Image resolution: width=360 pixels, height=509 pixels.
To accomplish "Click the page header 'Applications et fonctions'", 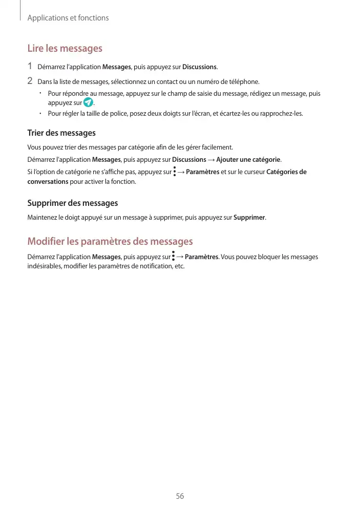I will pyautogui.click(x=68, y=18).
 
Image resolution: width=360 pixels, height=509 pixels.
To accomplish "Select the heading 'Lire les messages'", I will pyautogui.click(x=65, y=49).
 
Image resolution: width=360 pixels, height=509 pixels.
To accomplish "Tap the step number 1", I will pyautogui.click(x=30, y=66).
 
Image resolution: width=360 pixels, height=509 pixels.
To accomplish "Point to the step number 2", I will pyautogui.click(x=30, y=81).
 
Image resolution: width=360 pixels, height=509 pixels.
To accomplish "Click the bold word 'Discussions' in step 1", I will pyautogui.click(x=200, y=67).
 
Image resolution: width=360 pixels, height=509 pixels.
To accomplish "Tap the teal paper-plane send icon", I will pyautogui.click(x=88, y=102).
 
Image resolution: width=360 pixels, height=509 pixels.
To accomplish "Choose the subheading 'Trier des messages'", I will pyautogui.click(x=61, y=133).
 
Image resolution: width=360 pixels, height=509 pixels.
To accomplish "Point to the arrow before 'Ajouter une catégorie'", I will pyautogui.click(x=211, y=159).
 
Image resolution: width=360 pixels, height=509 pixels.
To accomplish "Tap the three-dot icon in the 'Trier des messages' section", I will pyautogui.click(x=175, y=172).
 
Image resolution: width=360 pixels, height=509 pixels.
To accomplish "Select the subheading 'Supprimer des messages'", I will pyautogui.click(x=72, y=203).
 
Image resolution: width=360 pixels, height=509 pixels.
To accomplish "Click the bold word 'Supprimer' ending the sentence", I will pyautogui.click(x=249, y=218).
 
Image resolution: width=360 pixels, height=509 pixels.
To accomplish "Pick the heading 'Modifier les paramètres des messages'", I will pyautogui.click(x=110, y=241).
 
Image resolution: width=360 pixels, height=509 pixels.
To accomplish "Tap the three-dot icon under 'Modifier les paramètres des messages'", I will pyautogui.click(x=174, y=257).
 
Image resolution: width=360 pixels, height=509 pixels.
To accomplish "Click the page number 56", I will pyautogui.click(x=180, y=496).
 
